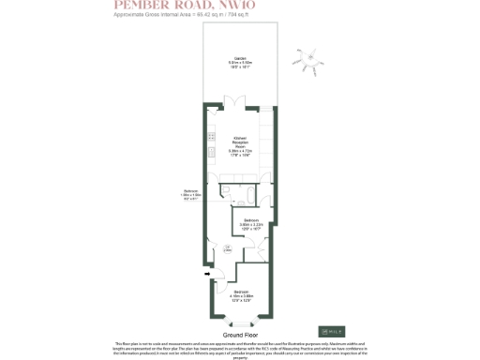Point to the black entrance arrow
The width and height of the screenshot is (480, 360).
point(205,274)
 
